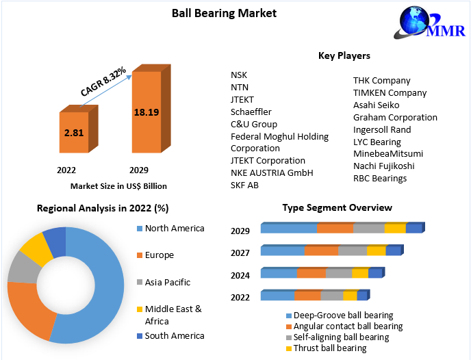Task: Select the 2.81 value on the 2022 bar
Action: pos(73,132)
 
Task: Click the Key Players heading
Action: pos(344,55)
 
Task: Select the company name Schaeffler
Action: pos(251,112)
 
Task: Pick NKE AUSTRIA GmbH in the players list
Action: pos(272,172)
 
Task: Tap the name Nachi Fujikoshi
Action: pos(383,166)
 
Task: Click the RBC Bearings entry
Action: pos(380,178)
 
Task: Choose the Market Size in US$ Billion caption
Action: pos(118,185)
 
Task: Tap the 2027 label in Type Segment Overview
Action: pos(240,253)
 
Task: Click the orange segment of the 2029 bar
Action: pos(335,228)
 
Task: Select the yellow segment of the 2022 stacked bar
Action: pos(350,296)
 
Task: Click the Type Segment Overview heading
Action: pos(337,207)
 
